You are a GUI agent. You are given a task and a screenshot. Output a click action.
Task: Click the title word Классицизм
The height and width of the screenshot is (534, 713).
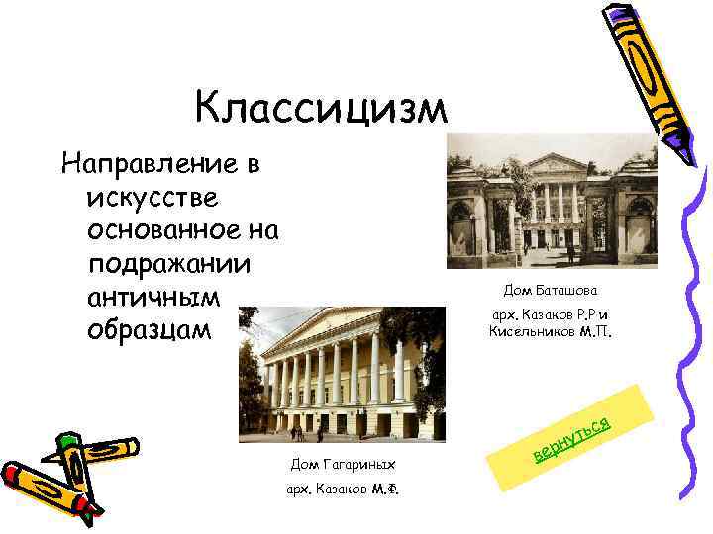(x=321, y=107)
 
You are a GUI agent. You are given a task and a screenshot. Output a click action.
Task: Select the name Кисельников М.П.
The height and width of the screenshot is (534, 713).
(x=552, y=332)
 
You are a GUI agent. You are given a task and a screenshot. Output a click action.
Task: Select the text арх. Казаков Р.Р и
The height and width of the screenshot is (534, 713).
(x=551, y=316)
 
